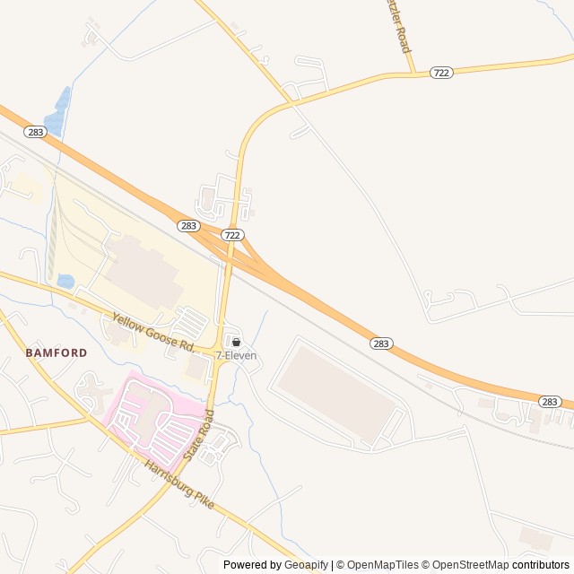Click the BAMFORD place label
[57, 352]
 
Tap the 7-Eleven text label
[236, 356]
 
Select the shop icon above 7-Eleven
[237, 342]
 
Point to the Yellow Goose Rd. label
[152, 332]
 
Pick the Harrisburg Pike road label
[179, 484]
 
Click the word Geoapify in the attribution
[306, 565]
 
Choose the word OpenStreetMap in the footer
[466, 565]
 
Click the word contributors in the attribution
[541, 565]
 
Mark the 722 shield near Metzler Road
[440, 73]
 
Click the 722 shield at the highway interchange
[232, 235]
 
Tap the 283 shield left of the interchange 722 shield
[187, 226]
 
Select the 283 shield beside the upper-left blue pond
[35, 132]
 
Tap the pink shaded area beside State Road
[148, 413]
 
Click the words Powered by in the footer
[252, 565]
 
